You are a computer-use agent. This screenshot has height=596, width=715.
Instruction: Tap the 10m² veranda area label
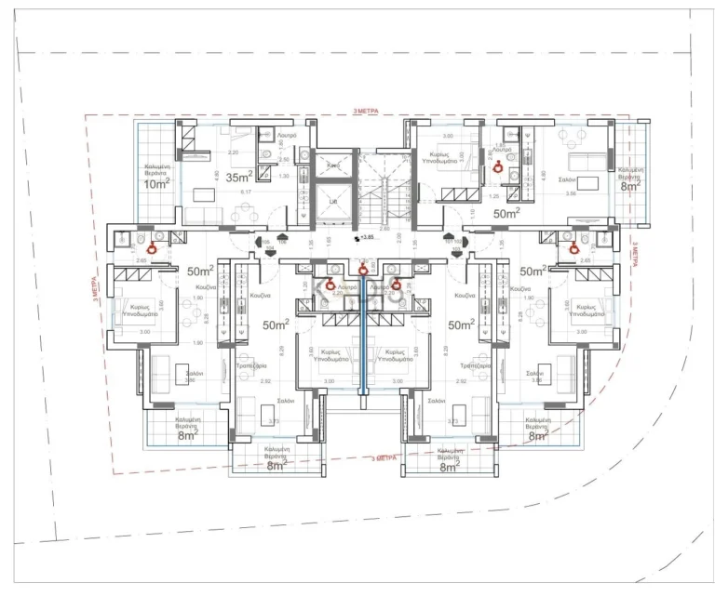point(155,182)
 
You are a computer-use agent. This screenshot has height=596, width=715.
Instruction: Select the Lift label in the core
point(332,200)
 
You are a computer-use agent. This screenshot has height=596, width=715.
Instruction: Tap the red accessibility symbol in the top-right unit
point(497,167)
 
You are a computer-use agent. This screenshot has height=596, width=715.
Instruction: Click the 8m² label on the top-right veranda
point(630,185)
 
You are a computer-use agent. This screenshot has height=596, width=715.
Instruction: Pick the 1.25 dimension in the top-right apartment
point(493,196)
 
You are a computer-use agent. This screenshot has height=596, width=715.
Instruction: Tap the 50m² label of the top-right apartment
point(506,214)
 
